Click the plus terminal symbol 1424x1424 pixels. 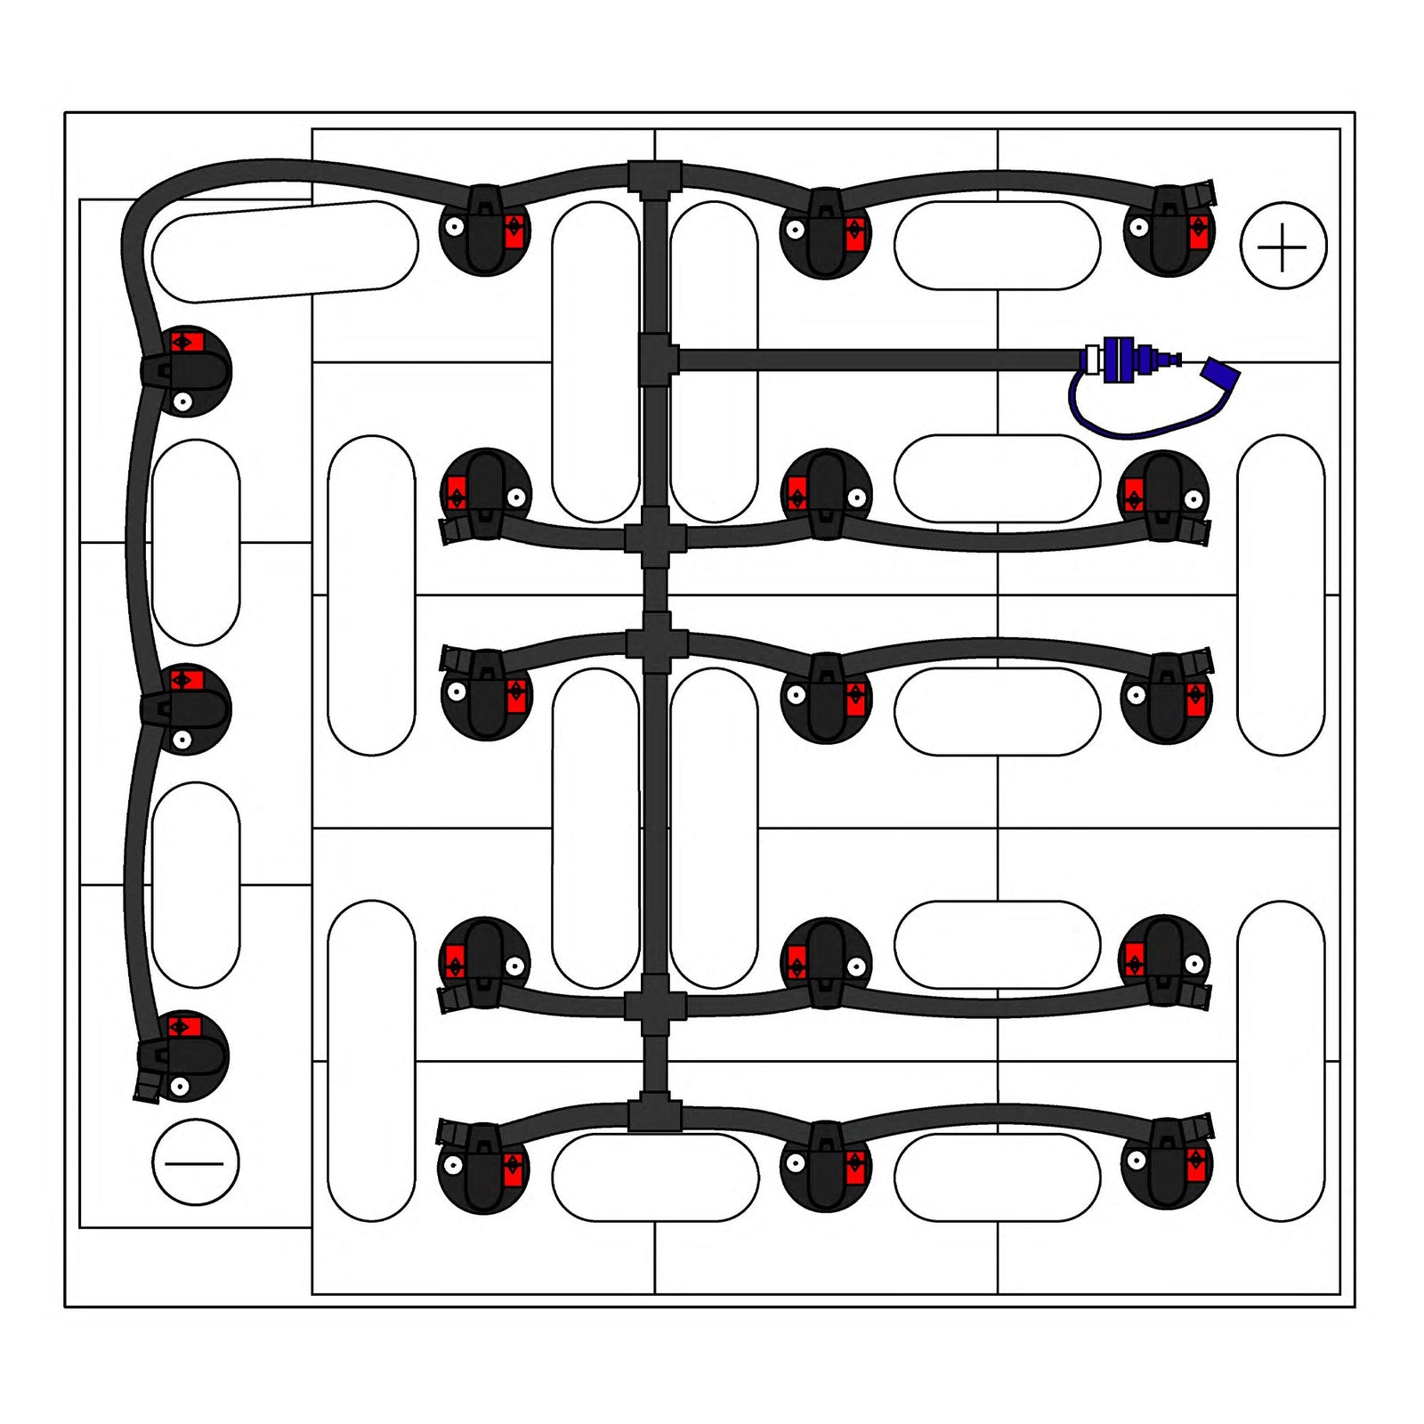1282,246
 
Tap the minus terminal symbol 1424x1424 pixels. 195,1162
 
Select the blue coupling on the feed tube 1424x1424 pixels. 1120,360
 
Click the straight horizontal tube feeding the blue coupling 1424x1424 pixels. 877,360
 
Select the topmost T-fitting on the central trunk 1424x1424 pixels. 655,177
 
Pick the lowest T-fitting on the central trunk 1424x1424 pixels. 655,1115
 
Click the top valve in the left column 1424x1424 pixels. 185,369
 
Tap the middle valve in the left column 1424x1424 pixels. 185,708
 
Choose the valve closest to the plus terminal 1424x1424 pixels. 1168,231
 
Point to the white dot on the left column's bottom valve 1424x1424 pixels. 180,1086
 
